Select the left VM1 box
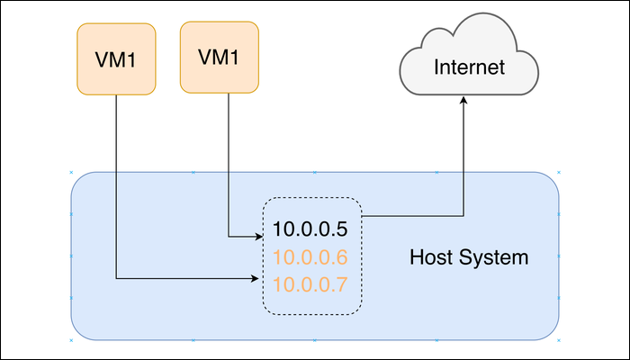pos(116,59)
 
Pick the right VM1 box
pos(220,58)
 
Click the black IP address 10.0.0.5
pos(310,229)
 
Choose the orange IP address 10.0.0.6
pos(310,257)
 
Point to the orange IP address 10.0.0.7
pos(310,285)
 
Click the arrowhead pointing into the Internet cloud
pos(464,101)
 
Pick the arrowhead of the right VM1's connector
pos(257,237)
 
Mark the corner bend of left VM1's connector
pos(117,279)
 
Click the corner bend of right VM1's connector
pos(228,237)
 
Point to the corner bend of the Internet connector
pos(464,216)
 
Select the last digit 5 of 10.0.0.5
pos(341,229)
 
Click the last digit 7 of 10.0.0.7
pos(341,285)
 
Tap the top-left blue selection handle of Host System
pos(71,172)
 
